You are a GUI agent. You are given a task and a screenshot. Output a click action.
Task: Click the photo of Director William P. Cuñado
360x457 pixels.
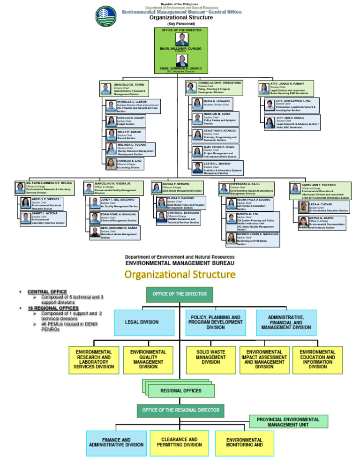point(180,39)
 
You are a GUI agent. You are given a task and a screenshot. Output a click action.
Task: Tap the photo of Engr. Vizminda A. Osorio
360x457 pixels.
point(180,61)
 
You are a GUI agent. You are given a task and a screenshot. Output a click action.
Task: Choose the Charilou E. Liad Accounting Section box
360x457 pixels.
point(124,164)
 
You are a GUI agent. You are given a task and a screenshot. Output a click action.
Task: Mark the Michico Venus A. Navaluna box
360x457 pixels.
point(252,239)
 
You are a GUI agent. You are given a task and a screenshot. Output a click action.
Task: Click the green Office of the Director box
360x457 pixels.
point(180,294)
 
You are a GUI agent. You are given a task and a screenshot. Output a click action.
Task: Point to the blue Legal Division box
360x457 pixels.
point(142,322)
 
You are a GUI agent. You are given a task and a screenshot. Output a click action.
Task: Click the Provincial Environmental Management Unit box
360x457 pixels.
point(288,422)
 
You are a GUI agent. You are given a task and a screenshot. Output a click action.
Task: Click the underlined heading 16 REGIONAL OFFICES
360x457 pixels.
point(53,308)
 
